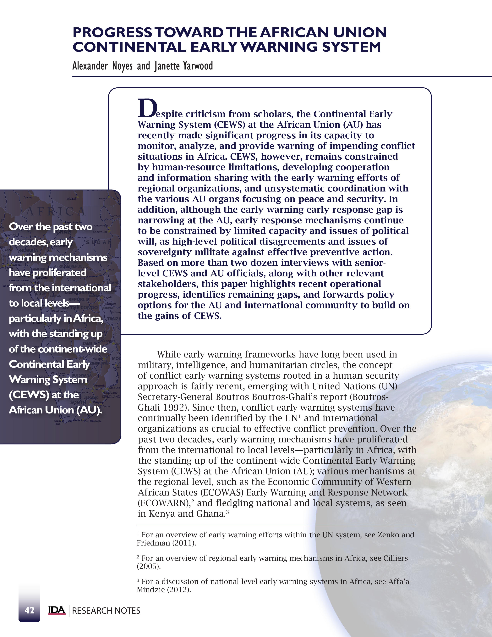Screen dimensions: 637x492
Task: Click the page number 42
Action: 30,610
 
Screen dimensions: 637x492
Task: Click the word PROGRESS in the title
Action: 112,33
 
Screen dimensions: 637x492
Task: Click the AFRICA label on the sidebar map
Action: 55,211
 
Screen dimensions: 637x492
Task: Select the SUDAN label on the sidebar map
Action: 99,242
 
